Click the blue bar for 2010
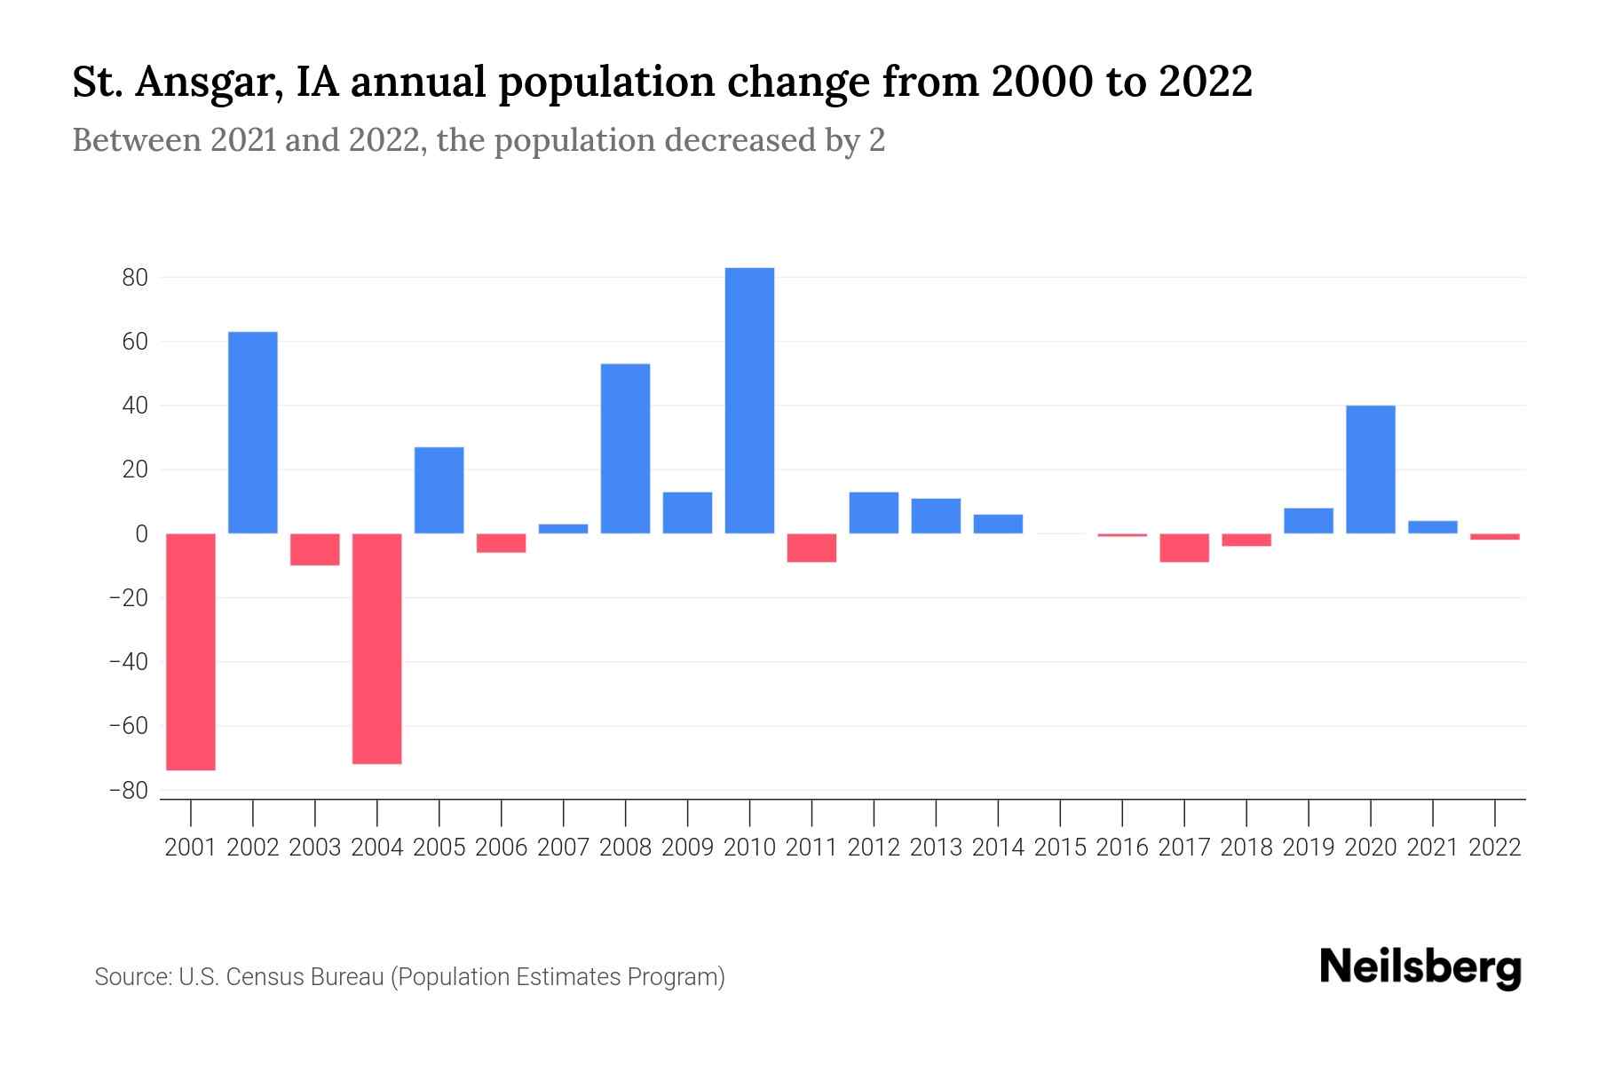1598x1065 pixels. coord(749,400)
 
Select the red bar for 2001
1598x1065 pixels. coord(191,651)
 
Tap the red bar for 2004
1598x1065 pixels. coord(377,648)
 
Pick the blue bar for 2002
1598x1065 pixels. coord(253,432)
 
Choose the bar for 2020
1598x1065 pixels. coord(1371,469)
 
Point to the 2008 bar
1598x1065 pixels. coord(626,448)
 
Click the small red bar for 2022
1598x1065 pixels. coord(1495,537)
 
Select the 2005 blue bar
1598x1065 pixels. coord(439,490)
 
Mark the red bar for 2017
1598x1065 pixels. coord(1184,548)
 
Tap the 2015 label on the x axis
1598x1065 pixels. coord(1060,848)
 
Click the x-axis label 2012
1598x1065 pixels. coord(874,848)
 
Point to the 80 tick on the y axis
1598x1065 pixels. coord(135,278)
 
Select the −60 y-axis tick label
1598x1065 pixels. coord(128,726)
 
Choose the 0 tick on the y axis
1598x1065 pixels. coord(141,533)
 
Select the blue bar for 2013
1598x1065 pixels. coord(936,516)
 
